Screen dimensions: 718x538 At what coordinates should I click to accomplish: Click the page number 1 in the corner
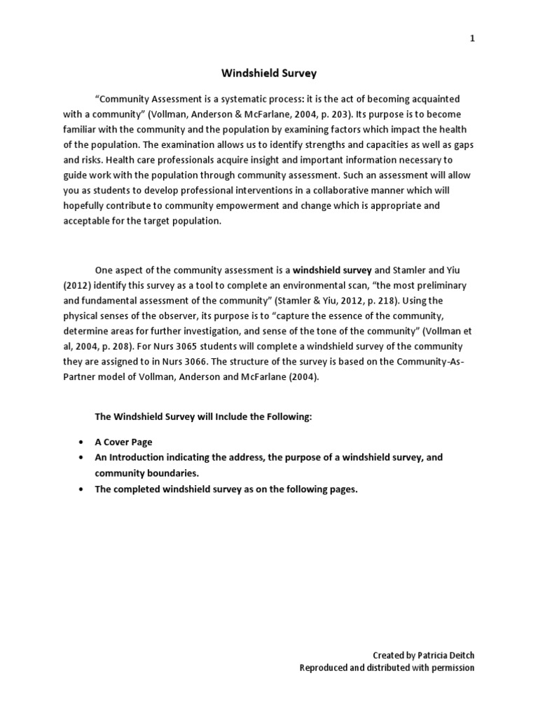click(472, 39)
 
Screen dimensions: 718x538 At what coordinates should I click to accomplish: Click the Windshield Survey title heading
click(260, 72)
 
